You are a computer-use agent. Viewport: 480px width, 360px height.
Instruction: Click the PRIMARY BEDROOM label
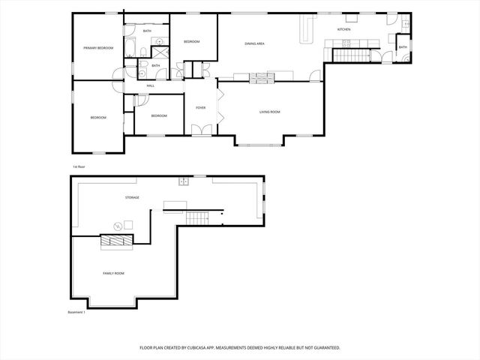coord(98,48)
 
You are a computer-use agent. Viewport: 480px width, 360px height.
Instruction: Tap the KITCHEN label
coord(344,29)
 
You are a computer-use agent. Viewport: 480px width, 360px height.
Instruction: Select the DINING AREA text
coord(255,43)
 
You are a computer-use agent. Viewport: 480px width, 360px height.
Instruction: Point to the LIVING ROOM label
coord(270,112)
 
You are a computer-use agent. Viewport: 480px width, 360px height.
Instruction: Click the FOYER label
coord(201,108)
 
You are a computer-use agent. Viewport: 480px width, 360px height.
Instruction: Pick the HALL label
coord(151,86)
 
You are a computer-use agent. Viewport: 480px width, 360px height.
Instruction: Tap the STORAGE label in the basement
coord(132,197)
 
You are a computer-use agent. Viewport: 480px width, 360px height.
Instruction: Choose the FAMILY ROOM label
coord(113,274)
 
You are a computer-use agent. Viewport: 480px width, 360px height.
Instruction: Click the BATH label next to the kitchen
coord(403,47)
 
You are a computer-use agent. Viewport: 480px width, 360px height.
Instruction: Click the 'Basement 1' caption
coord(76,312)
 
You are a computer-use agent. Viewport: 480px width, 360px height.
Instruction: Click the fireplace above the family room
coord(117,240)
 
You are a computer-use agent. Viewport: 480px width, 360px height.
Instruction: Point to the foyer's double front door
coord(200,131)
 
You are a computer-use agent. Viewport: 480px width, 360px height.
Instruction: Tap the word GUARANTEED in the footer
coord(324,348)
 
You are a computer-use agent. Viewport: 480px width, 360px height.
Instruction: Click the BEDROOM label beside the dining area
coord(192,41)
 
